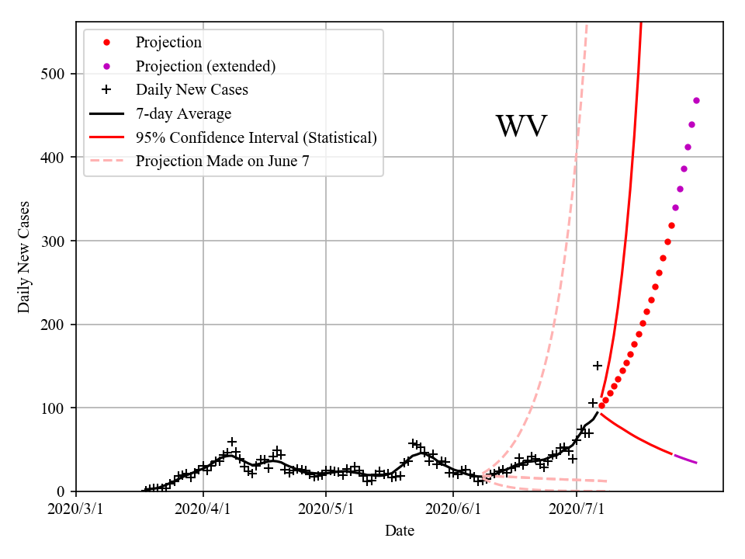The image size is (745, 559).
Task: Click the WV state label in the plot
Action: pyautogui.click(x=521, y=127)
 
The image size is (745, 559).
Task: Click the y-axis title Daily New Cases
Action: pyautogui.click(x=24, y=256)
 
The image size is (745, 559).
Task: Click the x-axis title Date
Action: pyautogui.click(x=399, y=531)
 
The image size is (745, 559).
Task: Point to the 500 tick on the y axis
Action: pyautogui.click(x=53, y=74)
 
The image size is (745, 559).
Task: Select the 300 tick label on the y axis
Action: pyautogui.click(x=53, y=241)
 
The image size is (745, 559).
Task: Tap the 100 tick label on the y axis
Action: pyautogui.click(x=53, y=408)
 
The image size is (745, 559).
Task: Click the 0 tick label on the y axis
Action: pyautogui.click(x=61, y=491)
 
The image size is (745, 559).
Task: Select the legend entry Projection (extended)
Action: pyautogui.click(x=206, y=66)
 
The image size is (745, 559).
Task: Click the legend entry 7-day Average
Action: pyautogui.click(x=183, y=114)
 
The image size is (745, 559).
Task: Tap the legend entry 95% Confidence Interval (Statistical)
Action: pyautogui.click(x=256, y=137)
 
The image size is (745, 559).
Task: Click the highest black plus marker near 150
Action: pyautogui.click(x=598, y=366)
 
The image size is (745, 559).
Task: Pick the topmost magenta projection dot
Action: pyautogui.click(x=696, y=100)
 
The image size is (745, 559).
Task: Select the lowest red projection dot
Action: pyautogui.click(x=601, y=406)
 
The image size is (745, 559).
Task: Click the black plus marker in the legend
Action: pyautogui.click(x=107, y=90)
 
